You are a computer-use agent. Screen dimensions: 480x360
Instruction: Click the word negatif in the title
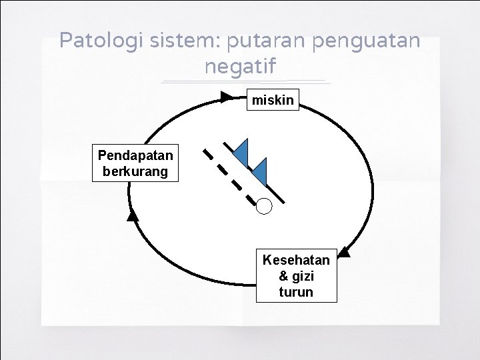pyautogui.click(x=239, y=67)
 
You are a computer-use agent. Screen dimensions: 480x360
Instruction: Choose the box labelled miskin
pyautogui.click(x=273, y=100)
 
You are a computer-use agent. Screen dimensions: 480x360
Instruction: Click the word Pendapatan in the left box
pyautogui.click(x=135, y=155)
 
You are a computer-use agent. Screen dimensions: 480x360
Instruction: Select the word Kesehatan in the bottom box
pyautogui.click(x=296, y=259)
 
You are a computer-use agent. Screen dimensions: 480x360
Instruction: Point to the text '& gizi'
pyautogui.click(x=296, y=276)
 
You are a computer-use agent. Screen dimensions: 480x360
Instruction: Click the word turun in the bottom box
pyautogui.click(x=296, y=292)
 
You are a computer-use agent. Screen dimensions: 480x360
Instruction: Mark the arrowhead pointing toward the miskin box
pyautogui.click(x=227, y=97)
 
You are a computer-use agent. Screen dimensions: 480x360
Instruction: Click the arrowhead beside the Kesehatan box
pyautogui.click(x=344, y=251)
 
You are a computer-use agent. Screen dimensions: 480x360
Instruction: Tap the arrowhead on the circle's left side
pyautogui.click(x=133, y=215)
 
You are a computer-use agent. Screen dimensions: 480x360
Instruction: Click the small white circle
pyautogui.click(x=265, y=207)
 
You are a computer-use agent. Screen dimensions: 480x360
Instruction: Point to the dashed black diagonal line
pyautogui.click(x=229, y=175)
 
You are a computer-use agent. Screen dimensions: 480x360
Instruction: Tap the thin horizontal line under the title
pyautogui.click(x=245, y=82)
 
